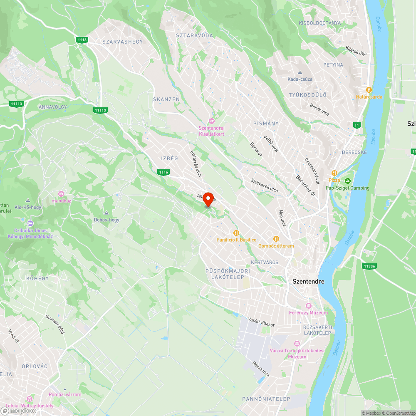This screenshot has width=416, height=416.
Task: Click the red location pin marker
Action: pyautogui.click(x=208, y=199)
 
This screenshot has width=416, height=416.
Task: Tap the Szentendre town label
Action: pyautogui.click(x=308, y=282)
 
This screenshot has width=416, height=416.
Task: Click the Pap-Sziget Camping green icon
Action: pyautogui.click(x=348, y=181)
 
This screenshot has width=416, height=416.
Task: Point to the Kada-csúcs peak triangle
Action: pyautogui.click(x=300, y=72)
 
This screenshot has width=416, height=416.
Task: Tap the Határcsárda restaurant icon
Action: pyautogui.click(x=369, y=90)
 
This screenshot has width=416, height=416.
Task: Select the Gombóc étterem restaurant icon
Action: pyautogui.click(x=275, y=239)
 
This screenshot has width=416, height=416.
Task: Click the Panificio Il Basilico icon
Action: pyautogui.click(x=236, y=233)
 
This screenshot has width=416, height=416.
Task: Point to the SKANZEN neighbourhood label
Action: pyautogui.click(x=166, y=99)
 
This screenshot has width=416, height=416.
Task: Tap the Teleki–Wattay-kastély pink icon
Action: pyautogui.click(x=29, y=398)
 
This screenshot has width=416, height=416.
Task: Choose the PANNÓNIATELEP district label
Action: pyautogui.click(x=266, y=399)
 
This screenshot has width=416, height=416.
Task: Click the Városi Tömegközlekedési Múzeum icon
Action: pyautogui.click(x=297, y=344)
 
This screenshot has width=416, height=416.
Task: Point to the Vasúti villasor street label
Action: pyautogui.click(x=261, y=322)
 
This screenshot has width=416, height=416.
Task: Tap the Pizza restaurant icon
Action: pyautogui.click(x=334, y=173)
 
